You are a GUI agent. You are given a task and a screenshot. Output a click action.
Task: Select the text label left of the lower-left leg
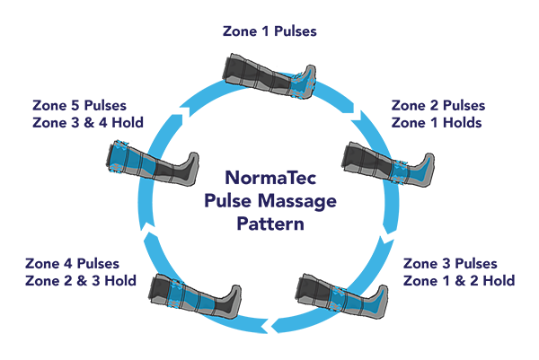click(76, 273)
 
